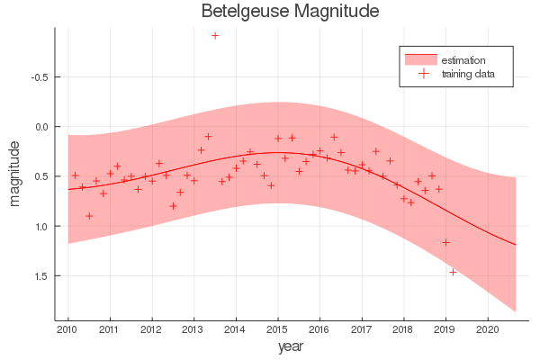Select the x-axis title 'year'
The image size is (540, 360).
pos(290,346)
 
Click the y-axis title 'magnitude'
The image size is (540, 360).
pos(15,174)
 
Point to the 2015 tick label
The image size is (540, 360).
pos(277,329)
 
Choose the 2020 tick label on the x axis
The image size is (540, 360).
pos(487,329)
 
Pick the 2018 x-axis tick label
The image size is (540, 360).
pos(403,329)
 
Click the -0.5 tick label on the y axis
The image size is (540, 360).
pos(40,76)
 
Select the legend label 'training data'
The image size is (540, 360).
pos(469,74)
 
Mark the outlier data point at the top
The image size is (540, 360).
pos(215,35)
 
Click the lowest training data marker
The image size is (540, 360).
pos(453,272)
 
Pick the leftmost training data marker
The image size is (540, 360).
pos(75,175)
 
